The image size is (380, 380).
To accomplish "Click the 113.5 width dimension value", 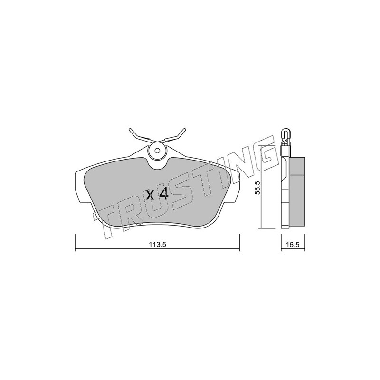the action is (x=157, y=245).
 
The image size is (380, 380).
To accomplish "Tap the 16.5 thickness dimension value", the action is (x=293, y=245).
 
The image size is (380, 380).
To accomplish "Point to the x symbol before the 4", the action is (x=150, y=195).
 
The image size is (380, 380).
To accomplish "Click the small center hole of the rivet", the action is (x=157, y=151).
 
